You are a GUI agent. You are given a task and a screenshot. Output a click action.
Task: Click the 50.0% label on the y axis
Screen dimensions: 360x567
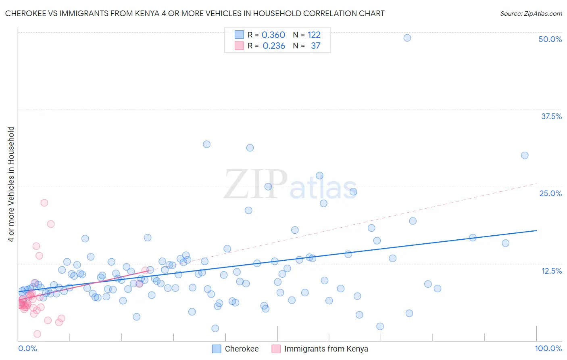pyautogui.click(x=550, y=39)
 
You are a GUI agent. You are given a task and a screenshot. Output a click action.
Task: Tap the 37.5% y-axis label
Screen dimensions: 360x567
pyautogui.click(x=551, y=116)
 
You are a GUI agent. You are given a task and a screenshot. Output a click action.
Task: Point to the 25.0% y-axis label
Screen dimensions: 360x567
pyautogui.click(x=550, y=193)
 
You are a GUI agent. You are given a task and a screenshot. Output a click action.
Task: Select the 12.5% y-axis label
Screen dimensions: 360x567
pyautogui.click(x=551, y=271)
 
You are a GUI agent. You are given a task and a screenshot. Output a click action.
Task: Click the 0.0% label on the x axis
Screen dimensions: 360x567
pyautogui.click(x=27, y=348)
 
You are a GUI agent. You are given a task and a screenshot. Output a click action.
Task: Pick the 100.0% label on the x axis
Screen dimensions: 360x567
pyautogui.click(x=548, y=348)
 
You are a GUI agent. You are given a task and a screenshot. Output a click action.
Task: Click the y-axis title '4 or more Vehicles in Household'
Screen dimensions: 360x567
pyautogui.click(x=11, y=184)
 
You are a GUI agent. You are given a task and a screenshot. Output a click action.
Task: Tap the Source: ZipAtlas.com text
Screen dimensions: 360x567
pyautogui.click(x=531, y=13)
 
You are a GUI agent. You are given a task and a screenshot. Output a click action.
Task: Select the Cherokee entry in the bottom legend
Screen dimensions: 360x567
pyautogui.click(x=241, y=349)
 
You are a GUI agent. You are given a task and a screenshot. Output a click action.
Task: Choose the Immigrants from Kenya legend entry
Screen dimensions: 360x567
pyautogui.click(x=326, y=349)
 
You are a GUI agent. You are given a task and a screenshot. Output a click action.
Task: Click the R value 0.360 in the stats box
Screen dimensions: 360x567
pyautogui.click(x=273, y=35)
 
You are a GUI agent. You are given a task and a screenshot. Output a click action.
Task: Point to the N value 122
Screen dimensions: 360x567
pyautogui.click(x=314, y=35)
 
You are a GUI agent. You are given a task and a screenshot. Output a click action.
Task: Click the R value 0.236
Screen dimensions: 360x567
pyautogui.click(x=274, y=46)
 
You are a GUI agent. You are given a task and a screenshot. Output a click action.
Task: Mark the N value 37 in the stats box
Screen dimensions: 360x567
pyautogui.click(x=316, y=46)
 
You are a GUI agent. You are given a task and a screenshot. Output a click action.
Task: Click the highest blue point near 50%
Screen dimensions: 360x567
pyautogui.click(x=407, y=38)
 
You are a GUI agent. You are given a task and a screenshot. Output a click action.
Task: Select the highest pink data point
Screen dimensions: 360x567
pyautogui.click(x=44, y=203)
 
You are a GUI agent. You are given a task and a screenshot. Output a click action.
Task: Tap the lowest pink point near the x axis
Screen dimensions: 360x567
pyautogui.click(x=37, y=334)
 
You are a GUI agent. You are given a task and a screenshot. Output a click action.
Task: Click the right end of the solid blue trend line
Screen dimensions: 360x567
pyautogui.click(x=536, y=230)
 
